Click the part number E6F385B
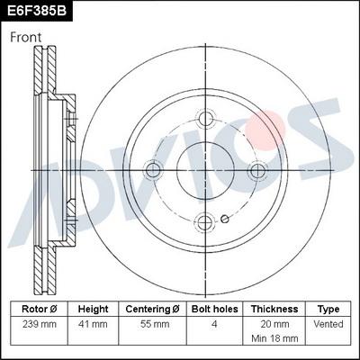click(38, 12)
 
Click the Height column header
click(93, 309)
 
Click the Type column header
click(328, 309)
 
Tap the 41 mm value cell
click(93, 323)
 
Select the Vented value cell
click(328, 323)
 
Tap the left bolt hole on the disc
click(153, 169)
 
